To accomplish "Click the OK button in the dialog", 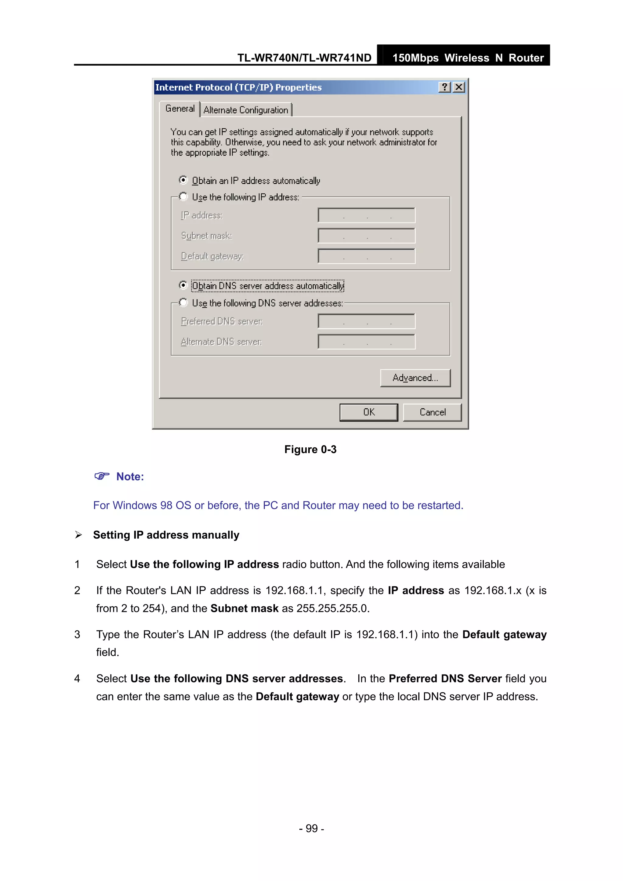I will [368, 412].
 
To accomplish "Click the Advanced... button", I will [415, 378].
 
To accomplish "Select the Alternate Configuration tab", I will [246, 110].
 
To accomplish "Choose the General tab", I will [180, 109].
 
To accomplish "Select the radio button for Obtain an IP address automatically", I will [183, 180].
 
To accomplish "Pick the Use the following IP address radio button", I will [183, 197].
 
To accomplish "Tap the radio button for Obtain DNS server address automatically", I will [183, 285].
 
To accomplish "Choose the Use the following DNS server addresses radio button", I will [183, 303].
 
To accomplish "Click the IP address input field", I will [366, 215].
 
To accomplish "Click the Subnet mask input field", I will [366, 236].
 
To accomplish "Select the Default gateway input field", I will [366, 256].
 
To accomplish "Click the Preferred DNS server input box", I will [366, 321].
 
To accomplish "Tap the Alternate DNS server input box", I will [366, 342].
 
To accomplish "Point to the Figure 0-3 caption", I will [310, 449].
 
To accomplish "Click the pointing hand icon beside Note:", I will [102, 476].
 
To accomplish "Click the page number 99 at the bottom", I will [311, 828].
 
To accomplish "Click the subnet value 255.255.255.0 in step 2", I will [332, 609].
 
